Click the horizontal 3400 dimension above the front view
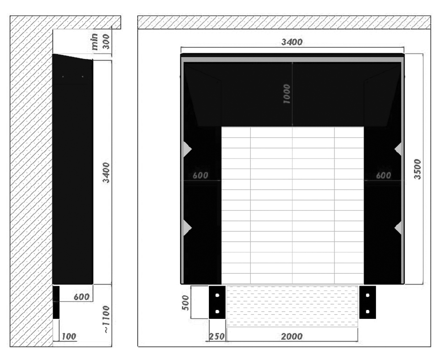pos(292,42)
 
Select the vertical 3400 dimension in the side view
pos(106,172)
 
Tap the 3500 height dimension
pos(417,169)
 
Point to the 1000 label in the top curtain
pos(287,94)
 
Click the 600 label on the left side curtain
pos(200,176)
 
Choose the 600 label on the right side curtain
pos(383,176)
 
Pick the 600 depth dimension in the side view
pos(81,297)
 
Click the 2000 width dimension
pos(292,336)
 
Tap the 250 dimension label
pos(217,336)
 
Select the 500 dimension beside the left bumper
pos(186,302)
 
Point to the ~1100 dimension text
pos(106,319)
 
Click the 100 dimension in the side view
pos(69,336)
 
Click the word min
pos(95,42)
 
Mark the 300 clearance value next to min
pos(106,42)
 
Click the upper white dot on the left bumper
pos(217,295)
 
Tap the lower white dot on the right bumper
pos(368,312)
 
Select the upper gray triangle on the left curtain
pos(187,149)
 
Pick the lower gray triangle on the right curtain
pos(398,228)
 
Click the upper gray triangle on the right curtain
pos(398,149)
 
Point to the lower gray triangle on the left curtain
pos(187,228)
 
